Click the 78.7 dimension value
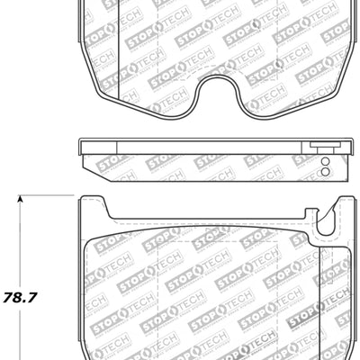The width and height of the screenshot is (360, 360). pyautogui.click(x=24, y=294)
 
